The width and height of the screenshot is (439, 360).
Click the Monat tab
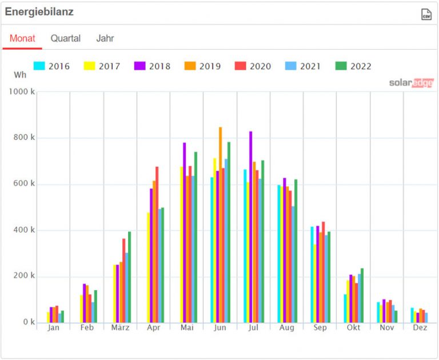click(22, 38)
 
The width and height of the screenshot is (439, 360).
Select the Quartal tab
click(65, 38)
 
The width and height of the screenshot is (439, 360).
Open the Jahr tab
click(105, 38)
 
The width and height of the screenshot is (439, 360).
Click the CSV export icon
click(426, 14)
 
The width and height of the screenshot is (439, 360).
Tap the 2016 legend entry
click(52, 66)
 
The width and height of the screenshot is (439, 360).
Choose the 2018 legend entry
click(153, 66)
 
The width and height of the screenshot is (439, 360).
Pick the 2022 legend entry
click(354, 66)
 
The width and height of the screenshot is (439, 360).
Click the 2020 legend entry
click(253, 66)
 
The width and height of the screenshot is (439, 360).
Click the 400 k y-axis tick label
click(25, 230)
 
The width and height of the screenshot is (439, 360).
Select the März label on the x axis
click(120, 328)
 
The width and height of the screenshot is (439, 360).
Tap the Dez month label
click(420, 328)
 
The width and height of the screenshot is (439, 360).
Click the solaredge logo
click(412, 83)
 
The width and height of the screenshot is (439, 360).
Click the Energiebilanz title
click(39, 12)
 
